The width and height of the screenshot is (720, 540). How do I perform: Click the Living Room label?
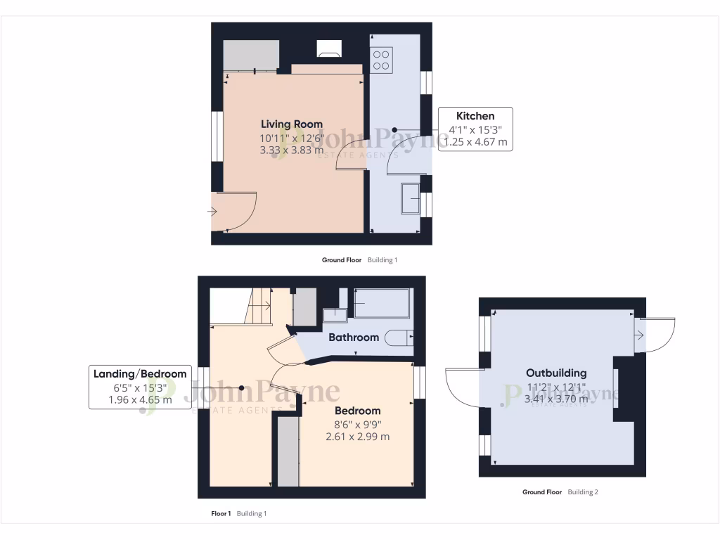pos(292,124)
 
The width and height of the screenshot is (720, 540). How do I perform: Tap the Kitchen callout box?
pos(475,129)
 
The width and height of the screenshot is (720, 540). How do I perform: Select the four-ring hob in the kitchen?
pos(381,59)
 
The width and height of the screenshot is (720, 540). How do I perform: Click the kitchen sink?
pos(410,198)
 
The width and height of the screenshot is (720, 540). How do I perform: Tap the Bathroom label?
pos(354,337)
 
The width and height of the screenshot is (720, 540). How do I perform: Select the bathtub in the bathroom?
pos(381,304)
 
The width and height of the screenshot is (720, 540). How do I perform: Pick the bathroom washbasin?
pos(332,314)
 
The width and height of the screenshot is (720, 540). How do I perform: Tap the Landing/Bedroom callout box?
pos(140,387)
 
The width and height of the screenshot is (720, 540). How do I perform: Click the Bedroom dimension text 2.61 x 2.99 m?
pos(357,437)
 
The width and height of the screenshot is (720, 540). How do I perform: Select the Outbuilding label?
pos(555,373)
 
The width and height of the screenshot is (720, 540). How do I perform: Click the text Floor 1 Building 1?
pos(239,514)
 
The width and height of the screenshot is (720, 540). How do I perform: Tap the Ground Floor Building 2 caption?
pos(560,492)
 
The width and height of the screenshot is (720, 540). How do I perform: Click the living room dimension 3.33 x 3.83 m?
pos(292,149)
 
